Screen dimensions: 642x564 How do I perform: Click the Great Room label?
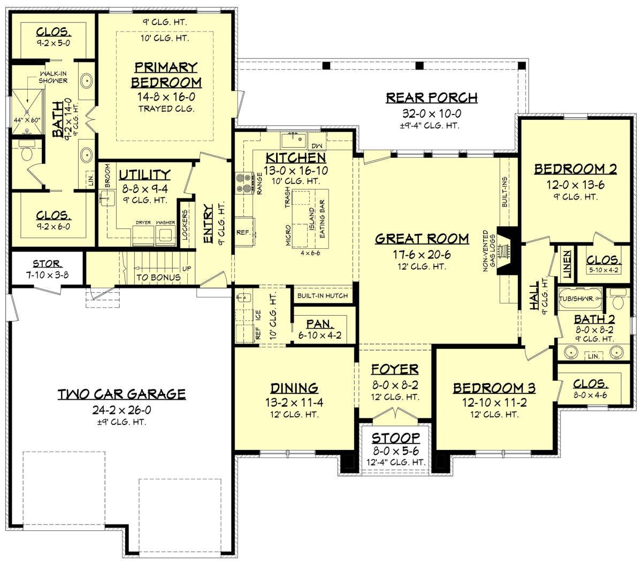click(x=422, y=239)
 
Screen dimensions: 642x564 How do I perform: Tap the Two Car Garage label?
click(x=121, y=394)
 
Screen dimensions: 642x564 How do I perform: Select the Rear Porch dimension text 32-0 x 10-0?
click(x=432, y=113)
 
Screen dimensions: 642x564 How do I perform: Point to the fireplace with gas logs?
click(x=506, y=250)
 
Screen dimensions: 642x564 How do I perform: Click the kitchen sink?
click(x=293, y=141)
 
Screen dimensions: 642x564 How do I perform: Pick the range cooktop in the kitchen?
click(x=244, y=183)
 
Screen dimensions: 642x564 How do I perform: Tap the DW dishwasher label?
click(x=317, y=146)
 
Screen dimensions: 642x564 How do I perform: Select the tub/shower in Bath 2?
click(x=580, y=299)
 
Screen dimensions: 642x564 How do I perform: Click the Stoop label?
click(x=396, y=438)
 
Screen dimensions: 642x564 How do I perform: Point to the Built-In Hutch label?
click(x=323, y=295)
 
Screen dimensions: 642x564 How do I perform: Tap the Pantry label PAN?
click(x=320, y=324)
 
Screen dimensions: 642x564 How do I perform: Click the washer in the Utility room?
click(x=166, y=235)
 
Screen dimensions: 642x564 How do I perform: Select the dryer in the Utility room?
click(x=143, y=235)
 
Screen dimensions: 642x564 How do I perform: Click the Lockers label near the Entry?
click(x=185, y=225)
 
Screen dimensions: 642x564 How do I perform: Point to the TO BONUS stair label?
click(x=158, y=277)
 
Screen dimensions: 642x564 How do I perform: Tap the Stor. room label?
click(x=48, y=263)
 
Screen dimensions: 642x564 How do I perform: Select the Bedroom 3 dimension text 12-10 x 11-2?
click(x=494, y=402)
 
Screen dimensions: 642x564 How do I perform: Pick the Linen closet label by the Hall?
click(x=567, y=264)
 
